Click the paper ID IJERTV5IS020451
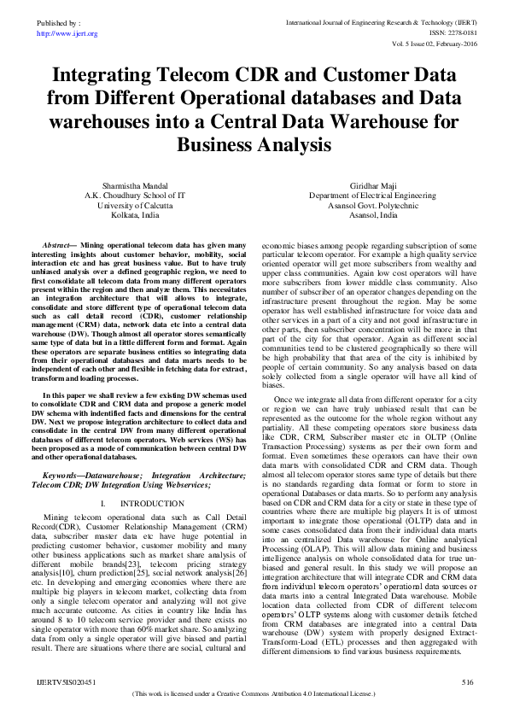coord(61,682)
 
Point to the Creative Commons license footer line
coord(254,697)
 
